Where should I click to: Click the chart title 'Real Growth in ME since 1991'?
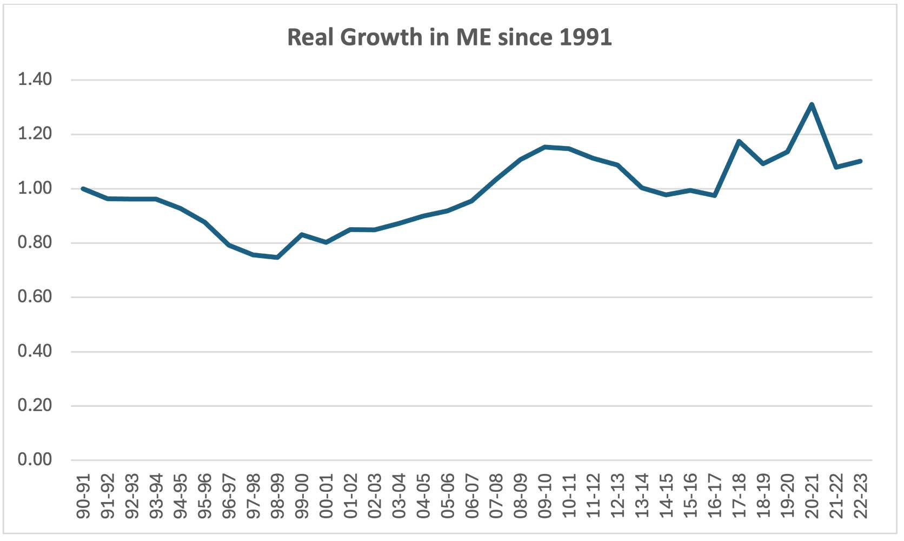(449, 37)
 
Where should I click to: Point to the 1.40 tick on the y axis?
(35, 80)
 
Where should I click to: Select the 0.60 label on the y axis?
(35, 296)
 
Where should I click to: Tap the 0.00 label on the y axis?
(35, 460)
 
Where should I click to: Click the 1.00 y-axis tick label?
(35, 188)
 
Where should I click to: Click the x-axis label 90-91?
(84, 496)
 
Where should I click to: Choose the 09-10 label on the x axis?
(545, 496)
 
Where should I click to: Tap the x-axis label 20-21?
(812, 496)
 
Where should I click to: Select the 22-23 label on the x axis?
(860, 496)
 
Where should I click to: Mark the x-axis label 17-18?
(739, 496)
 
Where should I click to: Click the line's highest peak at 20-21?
(812, 104)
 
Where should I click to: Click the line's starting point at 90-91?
(83, 188)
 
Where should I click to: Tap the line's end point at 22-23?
(860, 161)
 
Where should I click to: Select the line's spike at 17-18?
(739, 141)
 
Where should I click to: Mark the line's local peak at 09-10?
(544, 147)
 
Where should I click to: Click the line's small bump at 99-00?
(302, 234)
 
